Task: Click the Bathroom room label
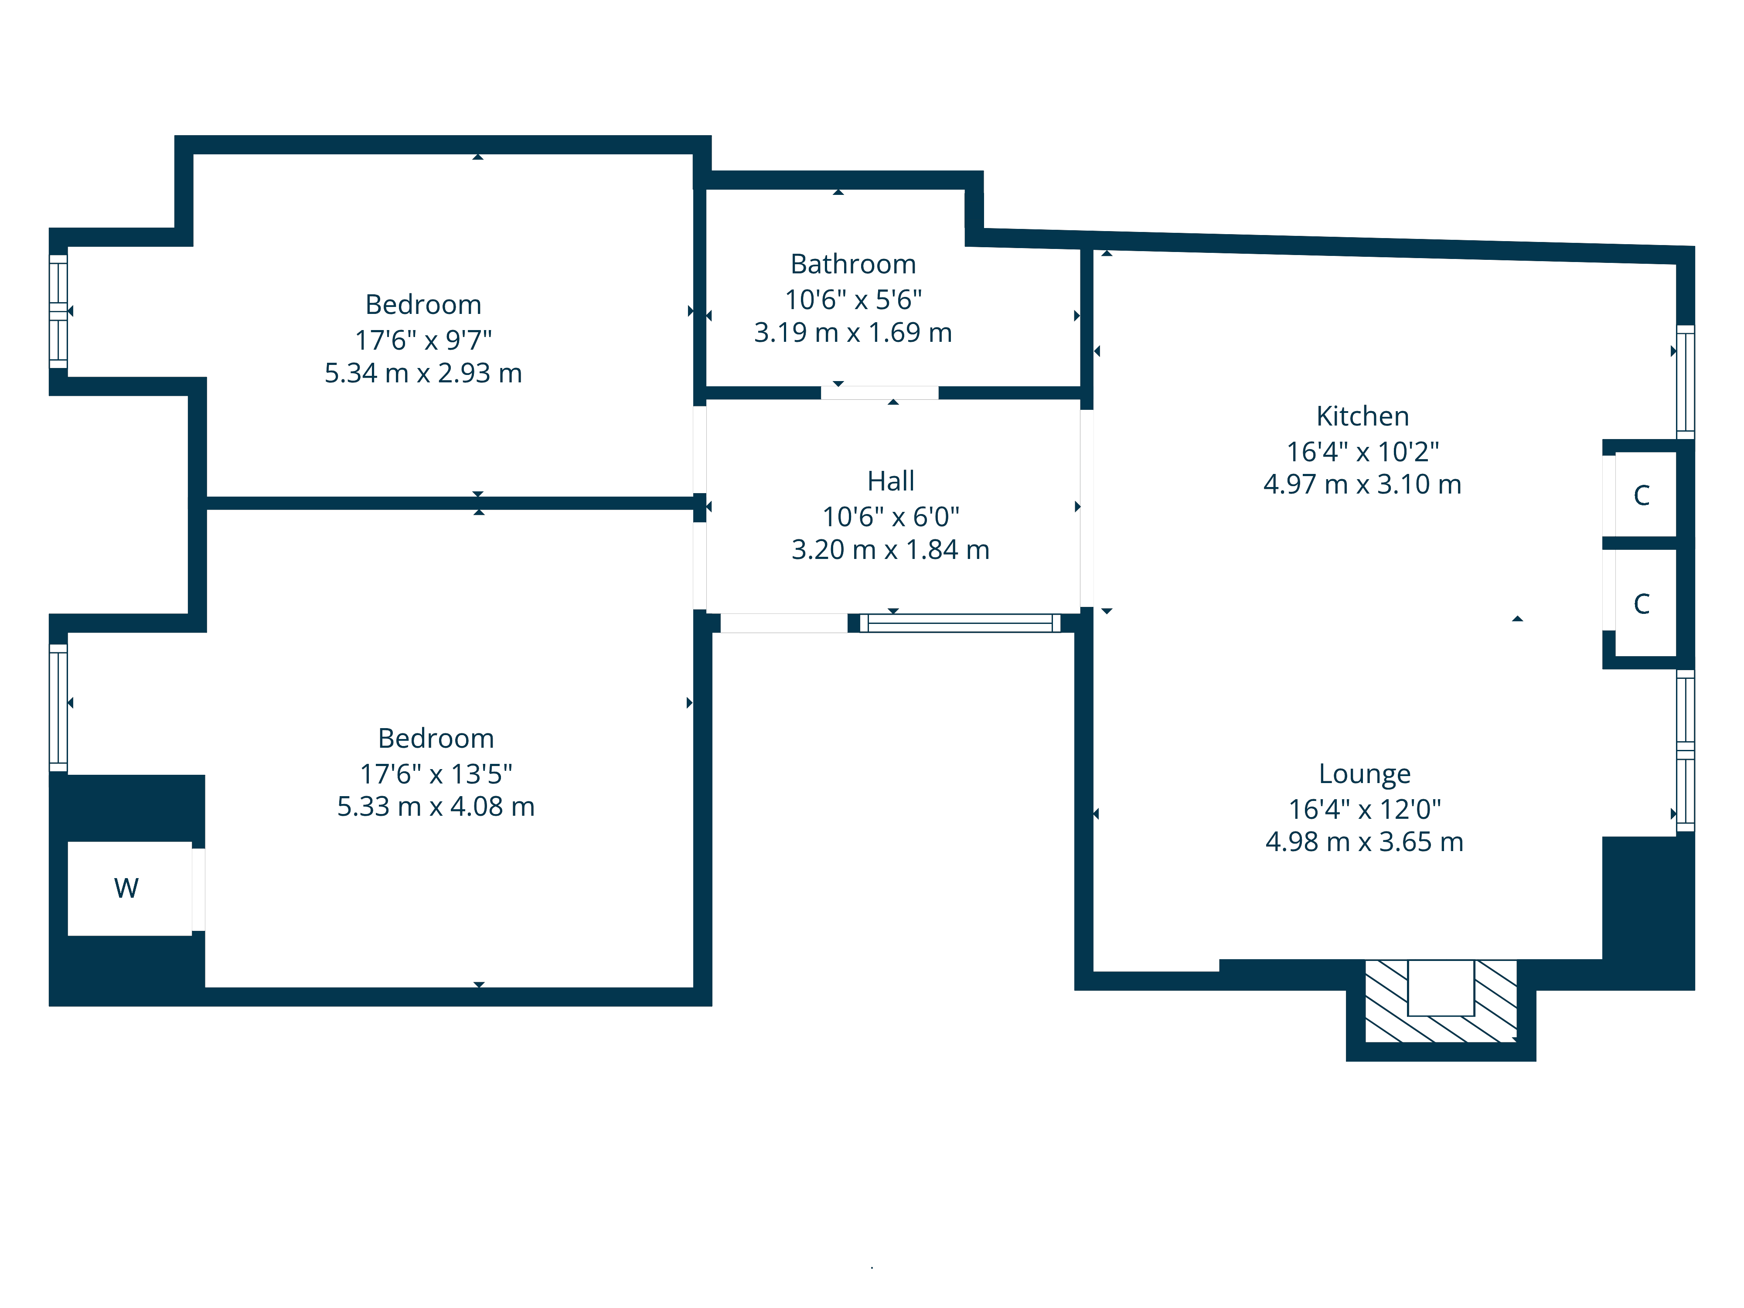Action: (853, 264)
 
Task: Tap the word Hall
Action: (891, 481)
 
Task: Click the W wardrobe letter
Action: (126, 888)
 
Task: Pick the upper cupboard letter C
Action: (1642, 495)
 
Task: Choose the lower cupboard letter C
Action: (1642, 604)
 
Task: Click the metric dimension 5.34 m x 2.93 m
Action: (423, 373)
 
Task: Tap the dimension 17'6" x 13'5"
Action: (436, 774)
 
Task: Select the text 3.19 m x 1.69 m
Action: (853, 333)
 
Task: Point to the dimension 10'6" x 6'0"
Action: (891, 517)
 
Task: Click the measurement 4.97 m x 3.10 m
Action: (1362, 484)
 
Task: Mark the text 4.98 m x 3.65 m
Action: (1365, 842)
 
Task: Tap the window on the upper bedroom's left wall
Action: (58, 311)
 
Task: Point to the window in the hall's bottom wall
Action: (961, 623)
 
